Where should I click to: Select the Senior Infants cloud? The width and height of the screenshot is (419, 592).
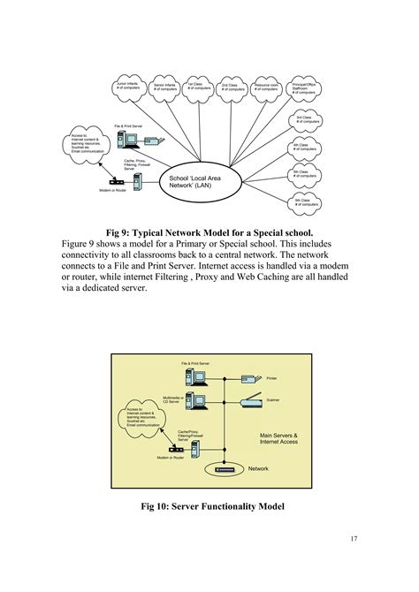(x=165, y=87)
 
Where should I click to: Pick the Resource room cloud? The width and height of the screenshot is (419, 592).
(x=266, y=87)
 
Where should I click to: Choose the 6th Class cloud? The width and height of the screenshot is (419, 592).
(x=305, y=202)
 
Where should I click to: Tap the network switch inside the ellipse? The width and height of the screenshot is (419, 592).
(x=225, y=469)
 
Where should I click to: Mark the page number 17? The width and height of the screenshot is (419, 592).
(x=353, y=539)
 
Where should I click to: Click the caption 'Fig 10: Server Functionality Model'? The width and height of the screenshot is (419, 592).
(x=209, y=505)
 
